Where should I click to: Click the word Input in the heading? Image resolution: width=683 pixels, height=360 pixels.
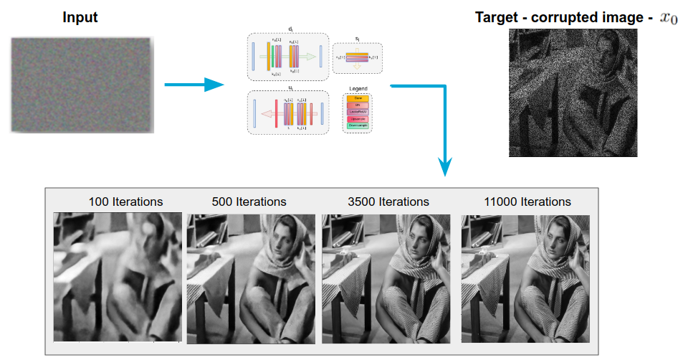coord(80,17)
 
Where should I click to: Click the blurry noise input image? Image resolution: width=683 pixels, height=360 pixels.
coord(82,85)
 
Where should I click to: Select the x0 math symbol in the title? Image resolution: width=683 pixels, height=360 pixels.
coord(667,18)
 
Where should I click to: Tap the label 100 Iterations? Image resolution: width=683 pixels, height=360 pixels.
coord(125,202)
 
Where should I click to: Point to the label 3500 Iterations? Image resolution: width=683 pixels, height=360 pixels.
coord(387,202)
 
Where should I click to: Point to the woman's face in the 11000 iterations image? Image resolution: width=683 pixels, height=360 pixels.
coord(553,240)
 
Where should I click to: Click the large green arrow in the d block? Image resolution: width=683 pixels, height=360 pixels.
coord(306,55)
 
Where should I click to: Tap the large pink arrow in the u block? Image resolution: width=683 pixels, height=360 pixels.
coord(271,113)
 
